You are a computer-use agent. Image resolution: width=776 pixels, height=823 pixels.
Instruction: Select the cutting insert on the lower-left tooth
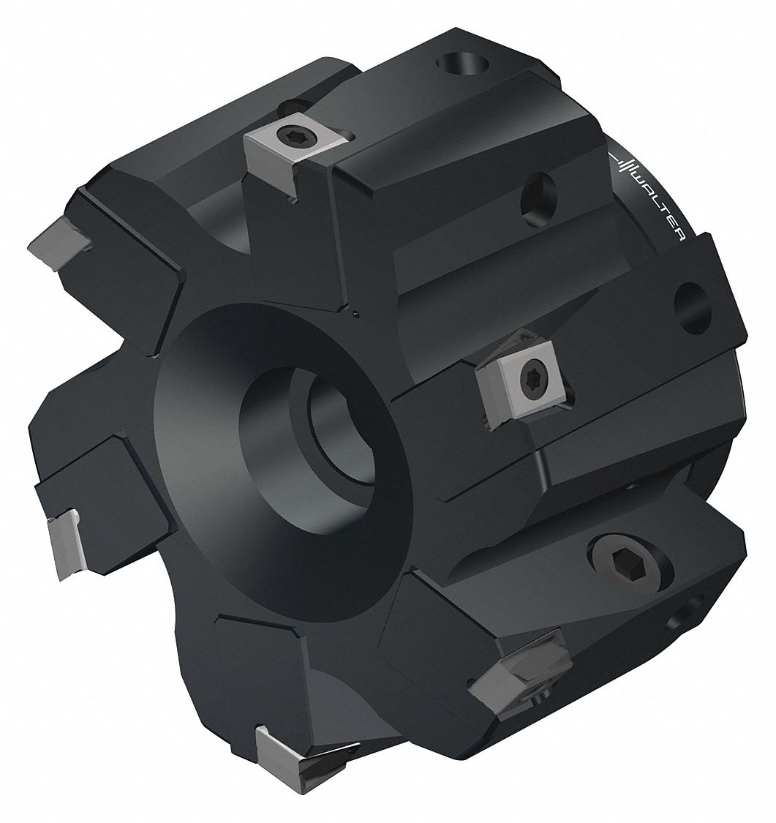click(x=66, y=545)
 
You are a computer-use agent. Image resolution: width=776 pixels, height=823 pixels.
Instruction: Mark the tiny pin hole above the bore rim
click(x=354, y=315)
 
